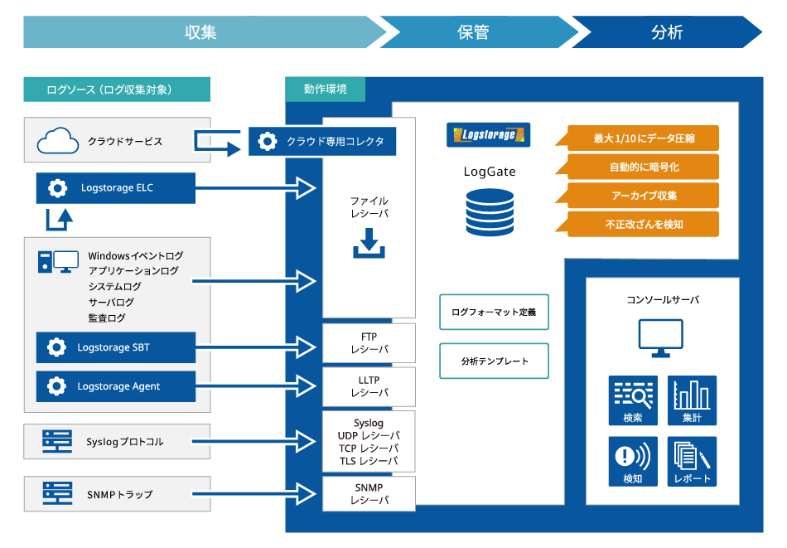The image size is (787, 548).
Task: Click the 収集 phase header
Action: pyautogui.click(x=200, y=32)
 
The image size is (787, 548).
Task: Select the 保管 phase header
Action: pyautogui.click(x=474, y=32)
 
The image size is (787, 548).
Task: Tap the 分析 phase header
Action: pyautogui.click(x=667, y=32)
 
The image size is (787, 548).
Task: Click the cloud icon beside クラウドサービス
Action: pyautogui.click(x=58, y=141)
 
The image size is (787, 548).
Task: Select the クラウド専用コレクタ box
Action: pyautogui.click(x=322, y=141)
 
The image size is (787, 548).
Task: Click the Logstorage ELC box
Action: pyautogui.click(x=116, y=188)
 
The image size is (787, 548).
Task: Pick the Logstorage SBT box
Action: pyautogui.click(x=116, y=347)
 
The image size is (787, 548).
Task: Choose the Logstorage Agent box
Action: pyautogui.click(x=116, y=386)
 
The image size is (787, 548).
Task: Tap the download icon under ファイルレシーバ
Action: pyautogui.click(x=369, y=244)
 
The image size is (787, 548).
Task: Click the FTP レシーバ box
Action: pyautogui.click(x=369, y=343)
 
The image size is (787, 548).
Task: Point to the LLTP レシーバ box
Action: pyautogui.click(x=369, y=386)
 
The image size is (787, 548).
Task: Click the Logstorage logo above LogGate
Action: pyautogui.click(x=488, y=135)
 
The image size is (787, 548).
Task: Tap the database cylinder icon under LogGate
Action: pyautogui.click(x=490, y=212)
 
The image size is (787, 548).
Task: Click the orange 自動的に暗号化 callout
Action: pyautogui.click(x=643, y=167)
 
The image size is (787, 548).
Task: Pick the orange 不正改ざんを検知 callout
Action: pyautogui.click(x=643, y=224)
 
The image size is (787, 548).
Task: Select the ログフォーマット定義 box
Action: pyautogui.click(x=494, y=313)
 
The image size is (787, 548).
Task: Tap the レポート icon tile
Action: pyautogui.click(x=692, y=461)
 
